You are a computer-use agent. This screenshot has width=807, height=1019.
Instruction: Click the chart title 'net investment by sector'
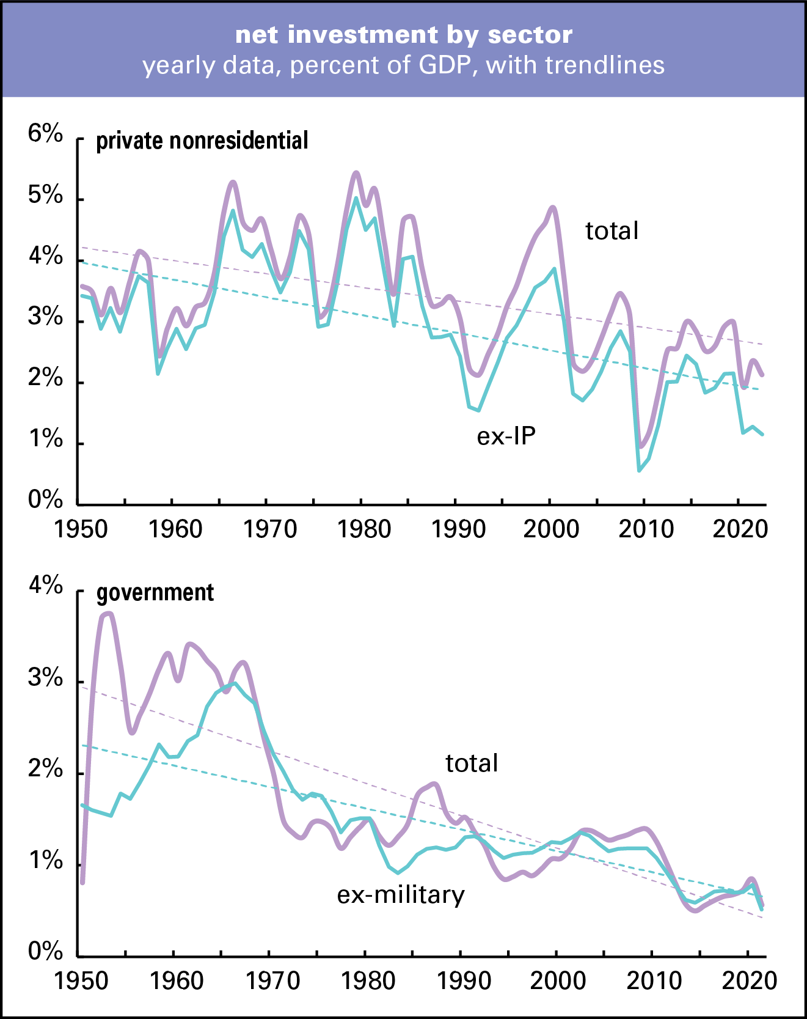403,35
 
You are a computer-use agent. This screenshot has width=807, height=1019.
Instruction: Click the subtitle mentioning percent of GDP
403,65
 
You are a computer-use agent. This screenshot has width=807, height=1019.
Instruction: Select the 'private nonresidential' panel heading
202,141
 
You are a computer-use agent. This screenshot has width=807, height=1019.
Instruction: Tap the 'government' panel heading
155,593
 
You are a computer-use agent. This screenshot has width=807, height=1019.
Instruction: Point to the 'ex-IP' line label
506,436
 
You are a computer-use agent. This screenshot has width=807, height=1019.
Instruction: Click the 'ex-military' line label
401,895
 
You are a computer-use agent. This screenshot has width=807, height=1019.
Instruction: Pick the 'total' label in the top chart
612,231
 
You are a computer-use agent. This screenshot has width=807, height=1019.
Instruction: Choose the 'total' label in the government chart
472,763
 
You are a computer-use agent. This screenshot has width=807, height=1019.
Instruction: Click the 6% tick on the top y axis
45,134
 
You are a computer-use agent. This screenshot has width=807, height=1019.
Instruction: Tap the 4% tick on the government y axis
45,586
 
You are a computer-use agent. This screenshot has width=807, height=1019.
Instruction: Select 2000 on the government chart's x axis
557,981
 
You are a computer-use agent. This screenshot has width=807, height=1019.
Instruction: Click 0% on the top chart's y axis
45,500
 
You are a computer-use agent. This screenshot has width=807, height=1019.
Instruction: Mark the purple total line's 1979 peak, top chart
357,173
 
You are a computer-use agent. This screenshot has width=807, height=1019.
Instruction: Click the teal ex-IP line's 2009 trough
639,469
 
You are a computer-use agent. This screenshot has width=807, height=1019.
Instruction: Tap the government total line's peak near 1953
108,613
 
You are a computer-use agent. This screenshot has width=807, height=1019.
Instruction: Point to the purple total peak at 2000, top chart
553,207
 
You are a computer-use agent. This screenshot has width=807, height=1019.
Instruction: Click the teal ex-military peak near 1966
233,683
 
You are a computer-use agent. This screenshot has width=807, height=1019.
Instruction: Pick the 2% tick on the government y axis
45,770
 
